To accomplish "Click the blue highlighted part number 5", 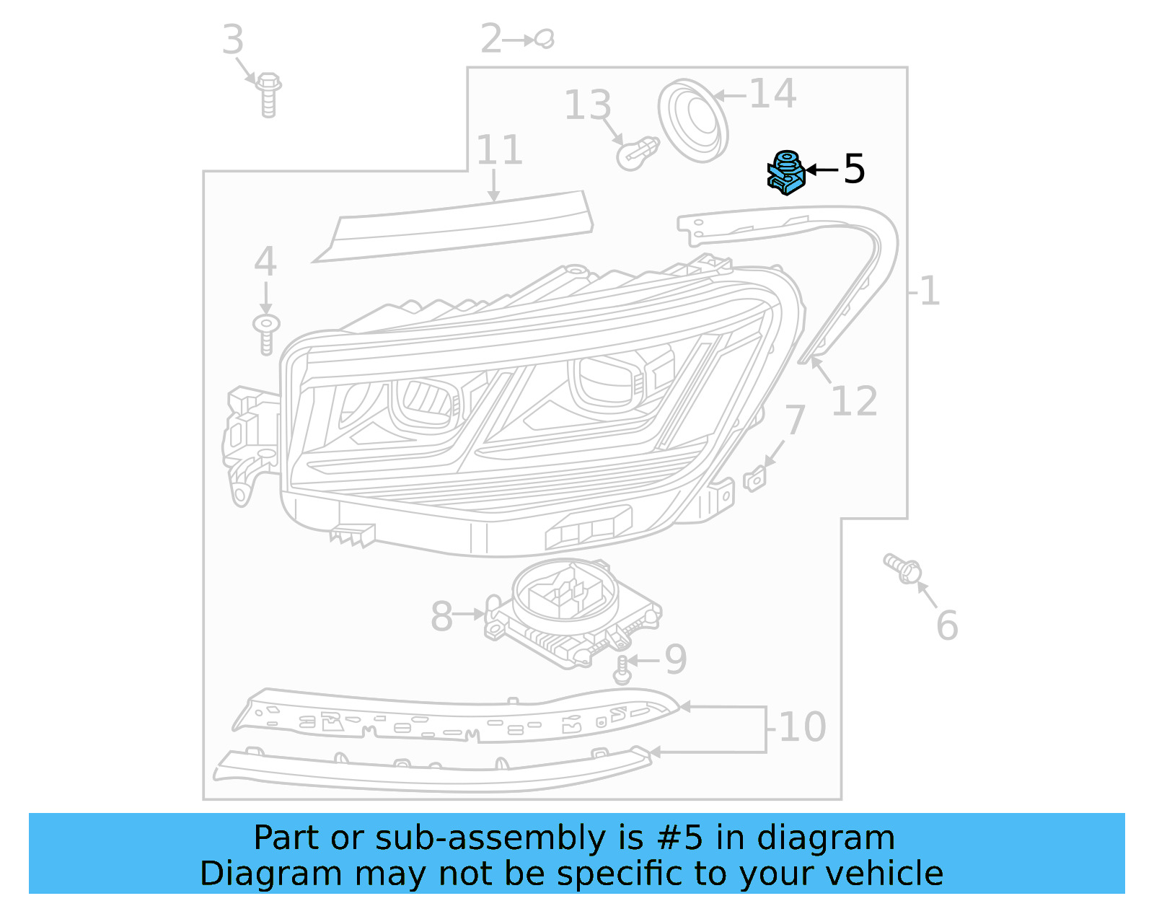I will click(785, 173).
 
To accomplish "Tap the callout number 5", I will click(854, 169).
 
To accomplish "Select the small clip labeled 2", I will click(545, 38).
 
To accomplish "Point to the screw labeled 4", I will click(266, 333).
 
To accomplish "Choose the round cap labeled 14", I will click(693, 120).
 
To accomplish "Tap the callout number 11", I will click(499, 150).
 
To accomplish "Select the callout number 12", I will click(854, 401).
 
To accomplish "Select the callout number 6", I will click(947, 625).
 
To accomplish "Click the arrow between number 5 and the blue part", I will click(822, 170).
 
